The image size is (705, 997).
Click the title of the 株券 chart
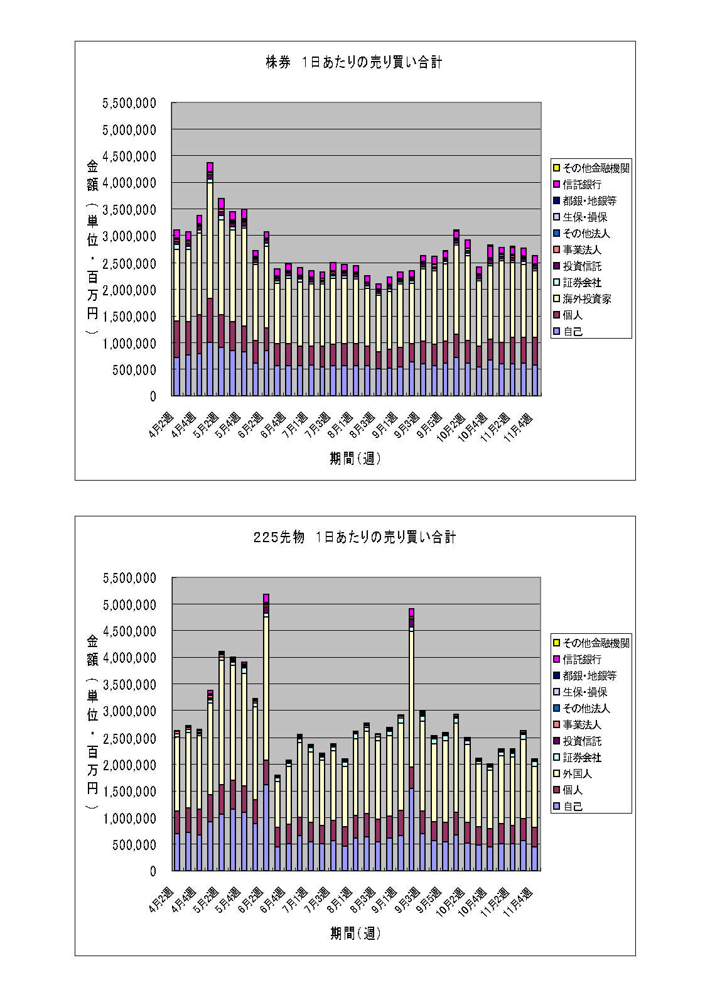tap(354, 63)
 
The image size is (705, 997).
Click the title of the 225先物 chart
tap(354, 538)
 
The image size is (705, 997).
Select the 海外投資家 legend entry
tap(586, 299)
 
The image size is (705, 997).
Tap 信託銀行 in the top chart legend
tap(582, 185)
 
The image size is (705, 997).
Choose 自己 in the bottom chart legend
tap(573, 807)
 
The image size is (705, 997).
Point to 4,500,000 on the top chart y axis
tap(129, 156)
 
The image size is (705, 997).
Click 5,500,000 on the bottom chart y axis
tap(129, 578)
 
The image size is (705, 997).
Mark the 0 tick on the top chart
tap(152, 396)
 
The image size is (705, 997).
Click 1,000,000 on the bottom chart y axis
tap(129, 819)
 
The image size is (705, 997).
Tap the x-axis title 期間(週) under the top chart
tap(355, 459)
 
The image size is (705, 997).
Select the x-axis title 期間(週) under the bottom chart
tap(355, 934)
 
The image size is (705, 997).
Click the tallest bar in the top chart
tap(210, 283)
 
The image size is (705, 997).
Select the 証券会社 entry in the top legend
tap(582, 283)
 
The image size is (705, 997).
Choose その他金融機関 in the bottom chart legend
tap(596, 643)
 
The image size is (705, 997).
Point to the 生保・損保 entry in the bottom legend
tap(584, 692)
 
